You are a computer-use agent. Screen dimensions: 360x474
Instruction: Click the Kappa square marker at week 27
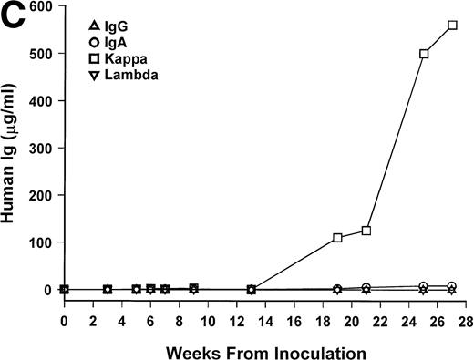(x=453, y=26)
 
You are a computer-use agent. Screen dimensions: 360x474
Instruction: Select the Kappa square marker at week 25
(x=424, y=54)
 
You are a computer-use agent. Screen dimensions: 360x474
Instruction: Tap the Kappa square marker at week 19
(x=338, y=238)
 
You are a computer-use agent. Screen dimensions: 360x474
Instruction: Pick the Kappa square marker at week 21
(x=366, y=231)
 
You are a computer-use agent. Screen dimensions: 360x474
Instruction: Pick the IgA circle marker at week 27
(x=453, y=286)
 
